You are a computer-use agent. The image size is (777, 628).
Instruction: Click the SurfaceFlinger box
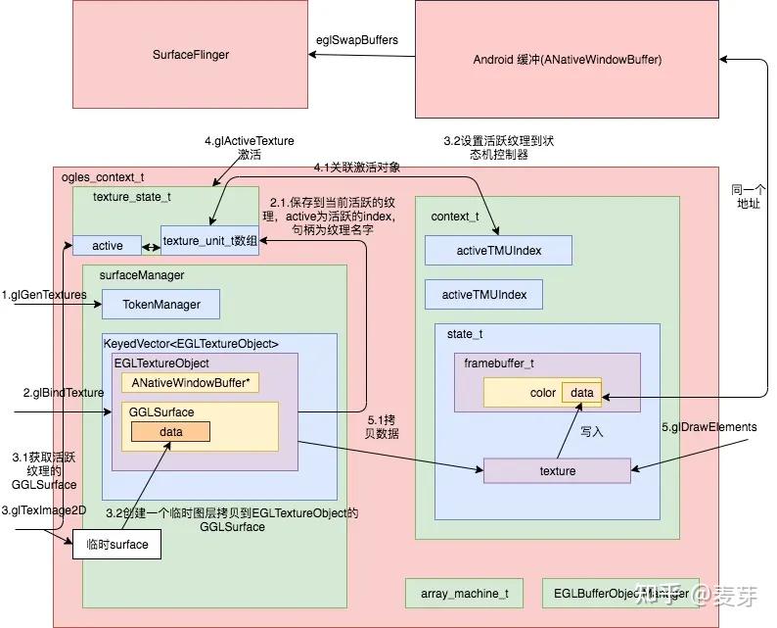pyautogui.click(x=191, y=55)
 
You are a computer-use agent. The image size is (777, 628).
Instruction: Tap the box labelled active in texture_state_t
pyautogui.click(x=108, y=245)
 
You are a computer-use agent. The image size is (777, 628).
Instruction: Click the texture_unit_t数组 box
pyautogui.click(x=210, y=240)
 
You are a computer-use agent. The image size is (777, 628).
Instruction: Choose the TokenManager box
pyautogui.click(x=160, y=305)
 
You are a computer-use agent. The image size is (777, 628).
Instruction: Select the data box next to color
pyautogui.click(x=581, y=392)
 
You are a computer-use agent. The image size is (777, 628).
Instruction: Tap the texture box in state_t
pyautogui.click(x=557, y=471)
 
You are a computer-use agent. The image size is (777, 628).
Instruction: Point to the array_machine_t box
pyautogui.click(x=464, y=594)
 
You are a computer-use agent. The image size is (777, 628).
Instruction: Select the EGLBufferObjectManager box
pyautogui.click(x=619, y=594)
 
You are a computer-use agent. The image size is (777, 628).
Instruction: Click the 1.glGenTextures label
pyautogui.click(x=44, y=294)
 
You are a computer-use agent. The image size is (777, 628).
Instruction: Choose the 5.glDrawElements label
pyautogui.click(x=708, y=427)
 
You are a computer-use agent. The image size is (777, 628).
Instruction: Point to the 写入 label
pyautogui.click(x=593, y=431)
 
